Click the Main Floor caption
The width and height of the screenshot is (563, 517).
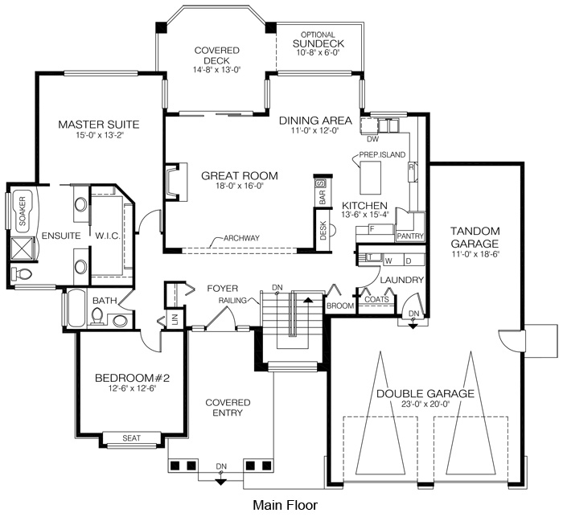[x=285, y=505]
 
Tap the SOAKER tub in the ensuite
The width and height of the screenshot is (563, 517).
[x=23, y=211]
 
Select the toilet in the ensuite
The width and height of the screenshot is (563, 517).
[x=22, y=274]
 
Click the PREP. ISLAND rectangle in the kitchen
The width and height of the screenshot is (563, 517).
[x=370, y=178]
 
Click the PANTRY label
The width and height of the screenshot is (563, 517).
[x=410, y=236]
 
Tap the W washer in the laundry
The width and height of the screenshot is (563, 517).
[x=388, y=261]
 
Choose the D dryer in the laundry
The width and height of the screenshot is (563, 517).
[x=409, y=261]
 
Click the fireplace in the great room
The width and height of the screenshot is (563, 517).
[x=176, y=182]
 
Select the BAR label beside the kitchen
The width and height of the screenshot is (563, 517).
[x=322, y=197]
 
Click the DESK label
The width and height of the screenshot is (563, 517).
[x=323, y=231]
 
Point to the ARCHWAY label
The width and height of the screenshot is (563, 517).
[x=241, y=238]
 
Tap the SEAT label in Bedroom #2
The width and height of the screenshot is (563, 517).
[x=131, y=438]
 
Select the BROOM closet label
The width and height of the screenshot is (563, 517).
[x=340, y=306]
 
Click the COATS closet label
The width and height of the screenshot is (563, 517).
[x=376, y=299]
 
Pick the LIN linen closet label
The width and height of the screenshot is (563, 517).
[x=175, y=319]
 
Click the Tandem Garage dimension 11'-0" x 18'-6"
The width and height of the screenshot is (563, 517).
[x=475, y=254]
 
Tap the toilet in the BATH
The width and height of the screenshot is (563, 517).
[x=97, y=317]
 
